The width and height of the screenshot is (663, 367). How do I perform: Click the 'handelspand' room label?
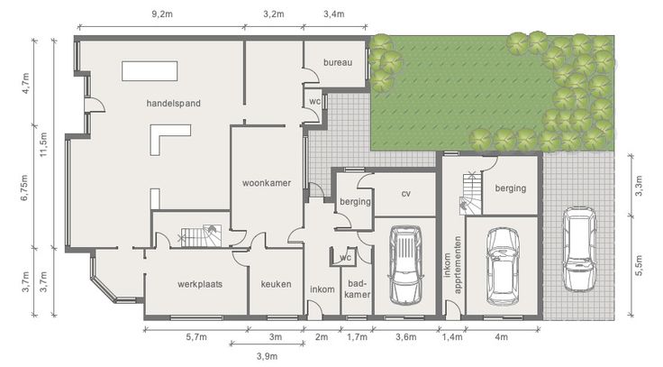(x=173, y=104)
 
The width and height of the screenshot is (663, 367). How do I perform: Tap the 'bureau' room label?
(x=338, y=62)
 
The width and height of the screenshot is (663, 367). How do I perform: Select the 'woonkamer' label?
(x=267, y=183)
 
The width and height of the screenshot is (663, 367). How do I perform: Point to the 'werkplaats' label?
(x=200, y=284)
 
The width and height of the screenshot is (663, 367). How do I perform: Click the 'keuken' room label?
(x=276, y=284)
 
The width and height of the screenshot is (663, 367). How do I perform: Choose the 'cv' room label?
(x=406, y=194)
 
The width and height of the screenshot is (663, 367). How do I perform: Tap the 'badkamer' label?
(x=358, y=289)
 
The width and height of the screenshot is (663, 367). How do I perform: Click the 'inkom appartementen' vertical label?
(x=452, y=264)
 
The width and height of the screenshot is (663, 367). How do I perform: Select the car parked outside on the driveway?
(x=579, y=249)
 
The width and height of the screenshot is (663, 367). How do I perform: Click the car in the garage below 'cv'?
(x=405, y=265)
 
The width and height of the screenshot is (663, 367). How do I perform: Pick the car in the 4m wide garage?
(x=503, y=267)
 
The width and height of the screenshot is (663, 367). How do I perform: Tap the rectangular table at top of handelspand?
(x=150, y=70)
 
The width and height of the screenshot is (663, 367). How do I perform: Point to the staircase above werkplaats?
(x=201, y=235)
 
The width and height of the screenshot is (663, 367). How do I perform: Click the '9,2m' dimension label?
(x=162, y=14)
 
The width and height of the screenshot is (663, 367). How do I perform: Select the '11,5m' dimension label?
(x=43, y=144)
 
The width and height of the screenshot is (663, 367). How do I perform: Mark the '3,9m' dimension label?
(x=268, y=356)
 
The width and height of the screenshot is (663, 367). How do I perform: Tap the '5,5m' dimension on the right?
(x=639, y=265)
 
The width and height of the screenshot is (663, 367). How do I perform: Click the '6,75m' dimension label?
(x=24, y=187)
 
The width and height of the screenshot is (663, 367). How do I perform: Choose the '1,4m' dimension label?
(x=452, y=337)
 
